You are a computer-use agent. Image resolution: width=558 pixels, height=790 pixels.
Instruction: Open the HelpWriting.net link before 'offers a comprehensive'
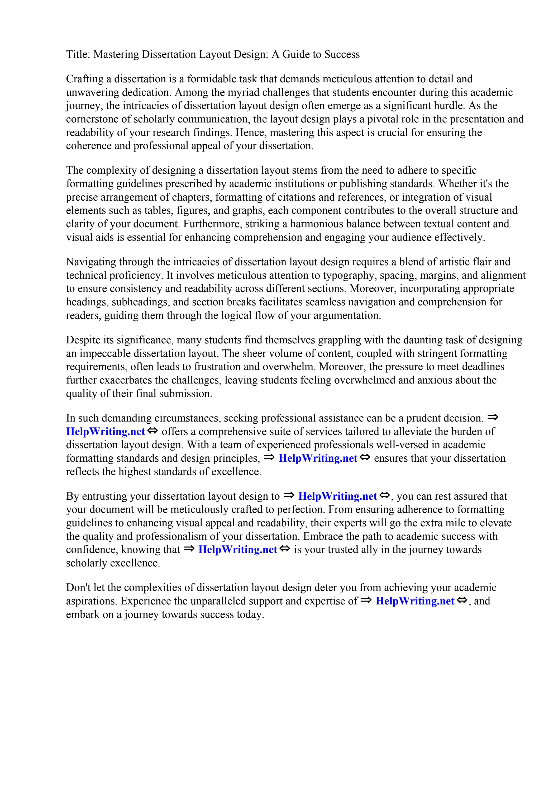(106, 432)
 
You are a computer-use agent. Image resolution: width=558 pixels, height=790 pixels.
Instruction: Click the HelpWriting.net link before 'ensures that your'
(318, 458)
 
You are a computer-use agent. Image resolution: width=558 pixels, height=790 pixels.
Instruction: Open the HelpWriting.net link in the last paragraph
(415, 601)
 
